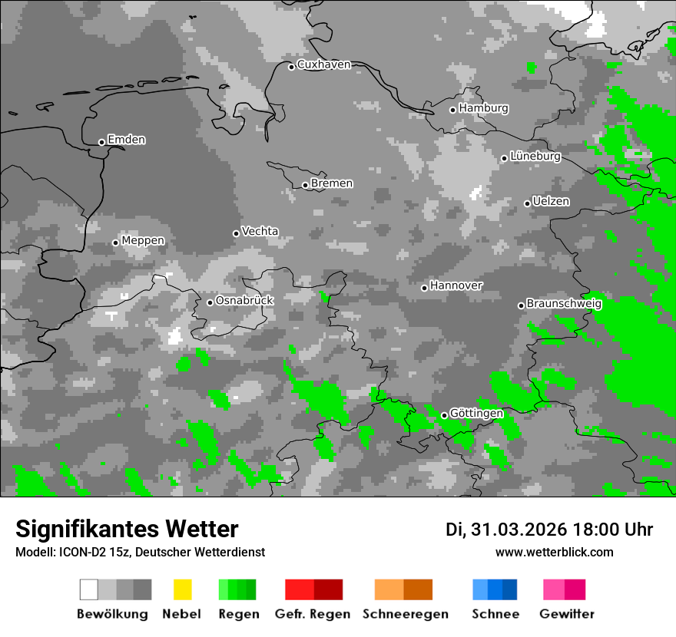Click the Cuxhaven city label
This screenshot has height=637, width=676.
[323, 64]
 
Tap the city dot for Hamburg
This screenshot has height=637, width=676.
[453, 110]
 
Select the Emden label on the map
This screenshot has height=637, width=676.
[126, 140]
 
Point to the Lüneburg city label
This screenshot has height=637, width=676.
[535, 156]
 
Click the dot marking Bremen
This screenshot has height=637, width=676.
[305, 185]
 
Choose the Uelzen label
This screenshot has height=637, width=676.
[551, 201]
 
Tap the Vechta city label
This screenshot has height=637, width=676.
[260, 231]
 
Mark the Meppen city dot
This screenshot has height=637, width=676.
[115, 243]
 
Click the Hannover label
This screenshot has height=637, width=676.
[456, 285]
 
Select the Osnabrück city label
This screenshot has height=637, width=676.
[244, 300]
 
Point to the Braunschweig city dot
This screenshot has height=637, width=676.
[521, 305]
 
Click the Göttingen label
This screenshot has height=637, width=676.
[476, 414]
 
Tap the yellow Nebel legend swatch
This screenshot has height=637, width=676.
[183, 589]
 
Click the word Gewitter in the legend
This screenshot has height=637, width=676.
[567, 614]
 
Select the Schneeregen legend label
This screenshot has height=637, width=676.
[406, 614]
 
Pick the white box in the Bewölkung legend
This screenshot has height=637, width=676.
[89, 589]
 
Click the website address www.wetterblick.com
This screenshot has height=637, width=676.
[555, 552]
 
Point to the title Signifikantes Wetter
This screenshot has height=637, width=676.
[127, 529]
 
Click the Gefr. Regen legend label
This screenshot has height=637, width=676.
[313, 614]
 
